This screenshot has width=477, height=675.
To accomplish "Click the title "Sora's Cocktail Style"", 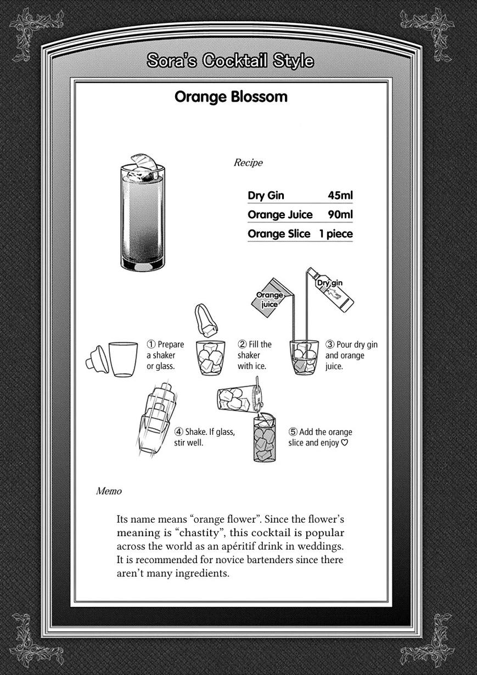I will [230, 61].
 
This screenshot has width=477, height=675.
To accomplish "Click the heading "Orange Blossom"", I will [231, 97].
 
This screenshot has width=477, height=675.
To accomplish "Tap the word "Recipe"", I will [248, 163].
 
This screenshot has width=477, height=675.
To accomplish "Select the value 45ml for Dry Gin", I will [340, 196].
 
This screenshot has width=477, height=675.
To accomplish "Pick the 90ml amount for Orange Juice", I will [340, 214].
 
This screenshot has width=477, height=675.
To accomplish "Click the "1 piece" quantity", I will [335, 234].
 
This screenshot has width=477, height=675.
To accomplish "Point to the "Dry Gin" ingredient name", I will [266, 196].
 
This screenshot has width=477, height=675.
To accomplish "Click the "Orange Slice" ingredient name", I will [278, 234].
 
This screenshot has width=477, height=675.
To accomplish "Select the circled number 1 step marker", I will [151, 345].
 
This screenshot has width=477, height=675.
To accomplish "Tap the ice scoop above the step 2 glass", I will [205, 321].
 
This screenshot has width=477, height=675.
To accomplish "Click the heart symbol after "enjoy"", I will [345, 443].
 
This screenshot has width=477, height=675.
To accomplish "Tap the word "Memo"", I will [109, 491].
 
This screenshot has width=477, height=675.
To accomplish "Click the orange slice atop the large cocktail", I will [144, 165].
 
